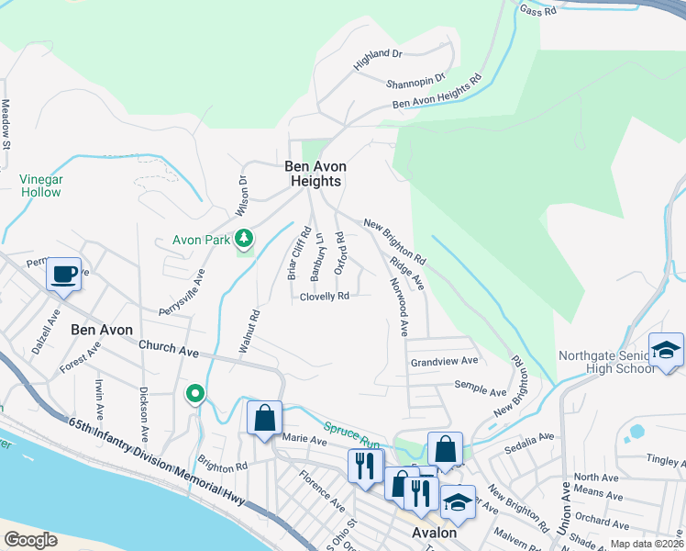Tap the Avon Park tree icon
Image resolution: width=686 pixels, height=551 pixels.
coord(244,240)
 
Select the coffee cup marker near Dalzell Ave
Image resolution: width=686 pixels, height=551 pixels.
coord(63,275)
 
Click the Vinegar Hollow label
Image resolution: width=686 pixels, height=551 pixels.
coord(40,186)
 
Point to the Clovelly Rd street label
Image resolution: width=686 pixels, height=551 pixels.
coord(325,297)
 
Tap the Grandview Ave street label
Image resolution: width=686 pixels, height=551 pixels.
coord(445,361)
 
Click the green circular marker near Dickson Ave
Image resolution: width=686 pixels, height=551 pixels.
coord(195,395)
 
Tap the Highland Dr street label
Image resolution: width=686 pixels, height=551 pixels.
coord(378,61)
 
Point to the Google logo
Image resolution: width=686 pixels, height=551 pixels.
coord(30,539)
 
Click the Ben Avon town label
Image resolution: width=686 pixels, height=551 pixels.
coord(102,330)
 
